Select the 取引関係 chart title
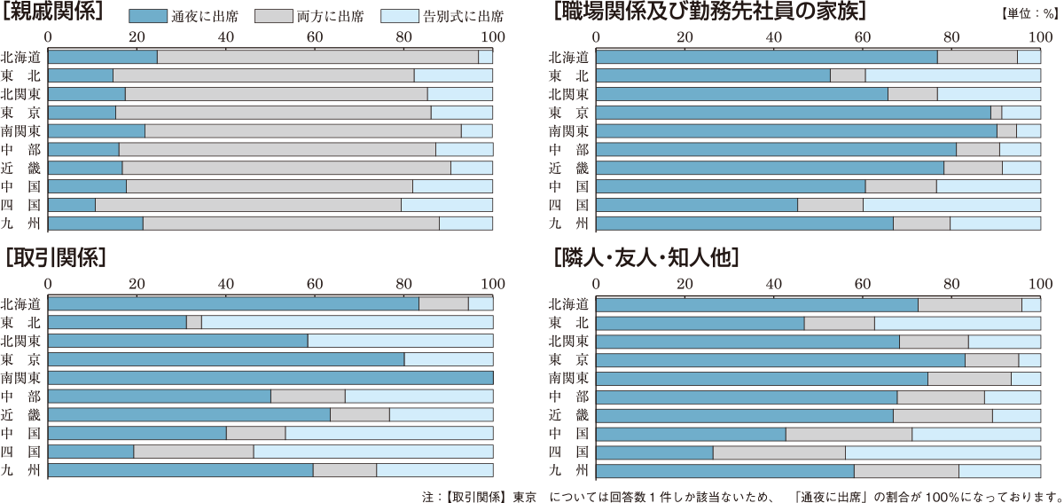point(55,258)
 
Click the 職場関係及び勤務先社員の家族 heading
point(709,12)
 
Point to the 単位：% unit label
point(1025,14)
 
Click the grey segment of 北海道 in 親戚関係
point(317,57)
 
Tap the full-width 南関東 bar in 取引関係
point(270,378)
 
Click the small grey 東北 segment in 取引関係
point(194,322)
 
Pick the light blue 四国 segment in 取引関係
point(372,452)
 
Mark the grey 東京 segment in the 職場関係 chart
point(996,113)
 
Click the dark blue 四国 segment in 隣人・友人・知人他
point(654,452)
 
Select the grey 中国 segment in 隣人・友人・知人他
point(849,434)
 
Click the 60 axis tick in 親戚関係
point(315,37)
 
